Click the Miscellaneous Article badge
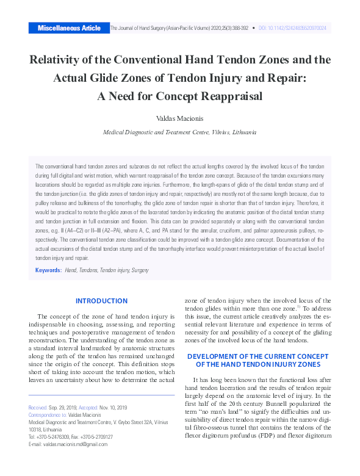[x=69, y=28]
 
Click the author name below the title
[x=179, y=117]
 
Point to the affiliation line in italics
[x=179, y=132]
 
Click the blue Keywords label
[x=48, y=270]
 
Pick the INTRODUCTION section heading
[x=101, y=301]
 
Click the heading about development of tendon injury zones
[x=257, y=360]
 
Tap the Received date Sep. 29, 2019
[x=64, y=408]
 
